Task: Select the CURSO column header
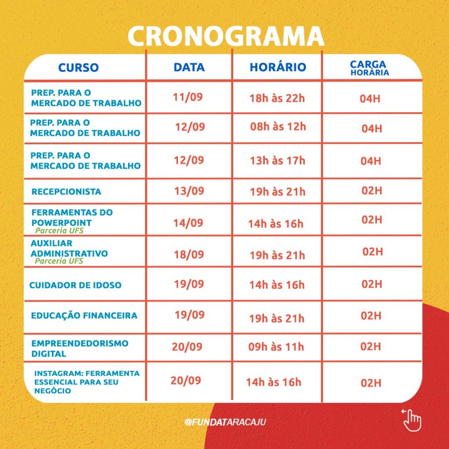coord(78,68)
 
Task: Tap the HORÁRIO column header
coord(278,67)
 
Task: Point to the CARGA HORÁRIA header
coord(369,68)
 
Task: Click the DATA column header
coord(189,67)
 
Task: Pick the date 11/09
coord(188,97)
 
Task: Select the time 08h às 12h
coord(278,127)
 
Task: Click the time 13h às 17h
coord(277,160)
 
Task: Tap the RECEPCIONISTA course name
coord(66,192)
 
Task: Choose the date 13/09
coord(189,191)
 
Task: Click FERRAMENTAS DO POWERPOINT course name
coord(72,217)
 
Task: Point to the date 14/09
coord(188,223)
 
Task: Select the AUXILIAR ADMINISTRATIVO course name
coord(69,249)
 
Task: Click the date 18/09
coord(189,254)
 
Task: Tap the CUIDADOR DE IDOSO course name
coord(75,285)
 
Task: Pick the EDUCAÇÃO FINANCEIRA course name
coord(84,315)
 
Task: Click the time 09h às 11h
coord(276,347)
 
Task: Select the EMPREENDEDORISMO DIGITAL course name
coord(79,348)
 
